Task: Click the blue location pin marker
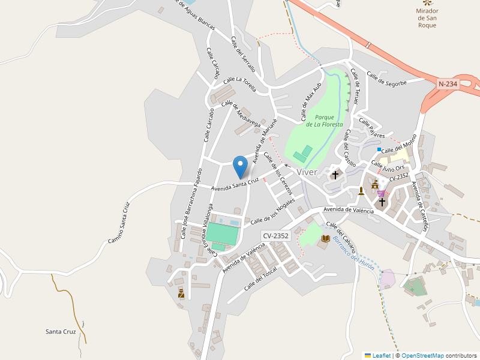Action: pyautogui.click(x=241, y=166)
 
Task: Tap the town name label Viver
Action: pyautogui.click(x=307, y=172)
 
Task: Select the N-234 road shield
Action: pyautogui.click(x=448, y=85)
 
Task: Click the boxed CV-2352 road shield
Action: pyautogui.click(x=276, y=236)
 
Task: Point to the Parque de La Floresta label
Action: pyautogui.click(x=324, y=121)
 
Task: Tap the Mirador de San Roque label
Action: pyautogui.click(x=427, y=18)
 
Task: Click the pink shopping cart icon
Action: pyautogui.click(x=381, y=193)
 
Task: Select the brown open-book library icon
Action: pyautogui.click(x=325, y=239)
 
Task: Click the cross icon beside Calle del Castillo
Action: pyautogui.click(x=335, y=175)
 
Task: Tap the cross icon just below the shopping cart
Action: pyautogui.click(x=382, y=203)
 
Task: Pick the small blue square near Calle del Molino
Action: pyautogui.click(x=379, y=149)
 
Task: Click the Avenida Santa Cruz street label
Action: pyautogui.click(x=235, y=184)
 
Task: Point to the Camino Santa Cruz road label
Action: pyautogui.click(x=119, y=223)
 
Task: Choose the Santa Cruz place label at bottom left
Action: pyautogui.click(x=61, y=331)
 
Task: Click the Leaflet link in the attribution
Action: pyautogui.click(x=381, y=355)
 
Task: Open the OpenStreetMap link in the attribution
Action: pyautogui.click(x=422, y=355)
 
